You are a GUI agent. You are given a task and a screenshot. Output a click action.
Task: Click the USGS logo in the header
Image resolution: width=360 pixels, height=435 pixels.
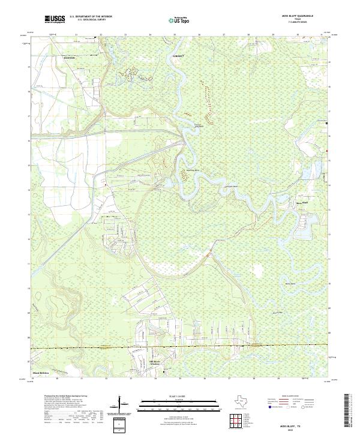coord(55,19)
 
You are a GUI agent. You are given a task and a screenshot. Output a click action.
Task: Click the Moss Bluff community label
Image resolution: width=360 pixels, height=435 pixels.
coord(304,203)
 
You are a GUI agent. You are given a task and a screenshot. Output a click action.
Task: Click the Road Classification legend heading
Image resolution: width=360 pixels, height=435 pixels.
coord(290,397)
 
